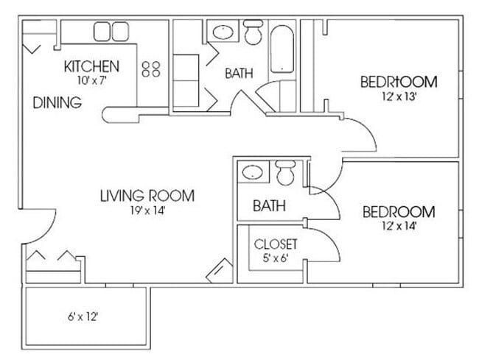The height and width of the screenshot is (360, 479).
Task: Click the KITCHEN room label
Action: (91, 67)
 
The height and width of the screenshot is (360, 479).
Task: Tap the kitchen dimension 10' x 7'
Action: (91, 81)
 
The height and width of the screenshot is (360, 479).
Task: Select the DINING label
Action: (57, 103)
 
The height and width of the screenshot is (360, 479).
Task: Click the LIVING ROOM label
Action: (147, 196)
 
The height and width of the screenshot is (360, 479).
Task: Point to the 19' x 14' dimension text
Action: (147, 210)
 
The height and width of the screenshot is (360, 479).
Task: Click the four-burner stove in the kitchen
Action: (151, 68)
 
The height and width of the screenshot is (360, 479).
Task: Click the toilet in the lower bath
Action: (285, 174)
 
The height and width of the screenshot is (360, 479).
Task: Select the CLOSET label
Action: (276, 244)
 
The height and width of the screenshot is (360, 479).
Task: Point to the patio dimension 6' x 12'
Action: (82, 319)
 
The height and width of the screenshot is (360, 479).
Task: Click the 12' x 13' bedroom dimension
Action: (398, 96)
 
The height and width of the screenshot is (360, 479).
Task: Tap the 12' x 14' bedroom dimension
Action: (399, 227)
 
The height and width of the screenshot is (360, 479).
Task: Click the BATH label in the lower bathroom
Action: (269, 206)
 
